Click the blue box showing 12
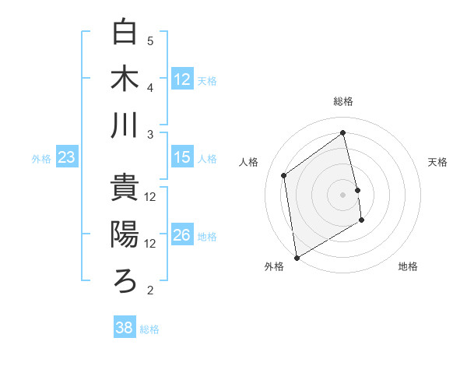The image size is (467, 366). click(x=182, y=79)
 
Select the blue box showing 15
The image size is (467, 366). click(x=182, y=157)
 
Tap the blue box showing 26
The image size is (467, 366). click(x=182, y=235)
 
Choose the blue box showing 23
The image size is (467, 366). click(x=67, y=157)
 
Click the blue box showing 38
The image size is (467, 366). click(x=125, y=328)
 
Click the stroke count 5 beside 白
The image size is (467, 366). click(x=150, y=41)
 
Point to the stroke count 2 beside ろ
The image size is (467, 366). click(x=150, y=290)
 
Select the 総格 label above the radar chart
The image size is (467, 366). click(x=343, y=101)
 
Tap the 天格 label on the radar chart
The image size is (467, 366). click(x=438, y=162)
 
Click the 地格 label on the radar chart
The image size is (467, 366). click(x=408, y=267)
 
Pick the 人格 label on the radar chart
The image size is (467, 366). click(x=249, y=162)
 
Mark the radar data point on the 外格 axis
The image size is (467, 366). click(x=296, y=257)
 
